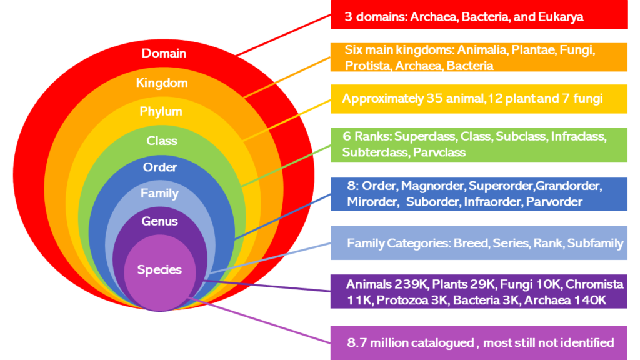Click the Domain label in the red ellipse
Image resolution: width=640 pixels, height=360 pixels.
[164, 53]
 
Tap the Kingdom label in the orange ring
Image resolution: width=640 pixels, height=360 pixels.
[162, 83]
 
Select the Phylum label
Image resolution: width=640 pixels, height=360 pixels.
[161, 111]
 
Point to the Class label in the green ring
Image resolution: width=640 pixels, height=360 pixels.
[162, 141]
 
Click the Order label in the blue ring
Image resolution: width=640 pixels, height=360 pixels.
[159, 167]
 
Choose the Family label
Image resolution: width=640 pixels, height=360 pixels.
[159, 194]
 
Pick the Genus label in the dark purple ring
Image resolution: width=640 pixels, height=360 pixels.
[159, 221]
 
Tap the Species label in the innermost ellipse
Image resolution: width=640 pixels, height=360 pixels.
[159, 270]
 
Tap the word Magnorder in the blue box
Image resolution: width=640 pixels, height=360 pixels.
[432, 186]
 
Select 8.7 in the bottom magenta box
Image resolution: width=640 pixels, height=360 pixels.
[356, 342]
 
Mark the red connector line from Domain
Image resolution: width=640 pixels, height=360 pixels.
[284, 35]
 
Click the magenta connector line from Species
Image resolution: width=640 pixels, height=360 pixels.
[259, 321]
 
